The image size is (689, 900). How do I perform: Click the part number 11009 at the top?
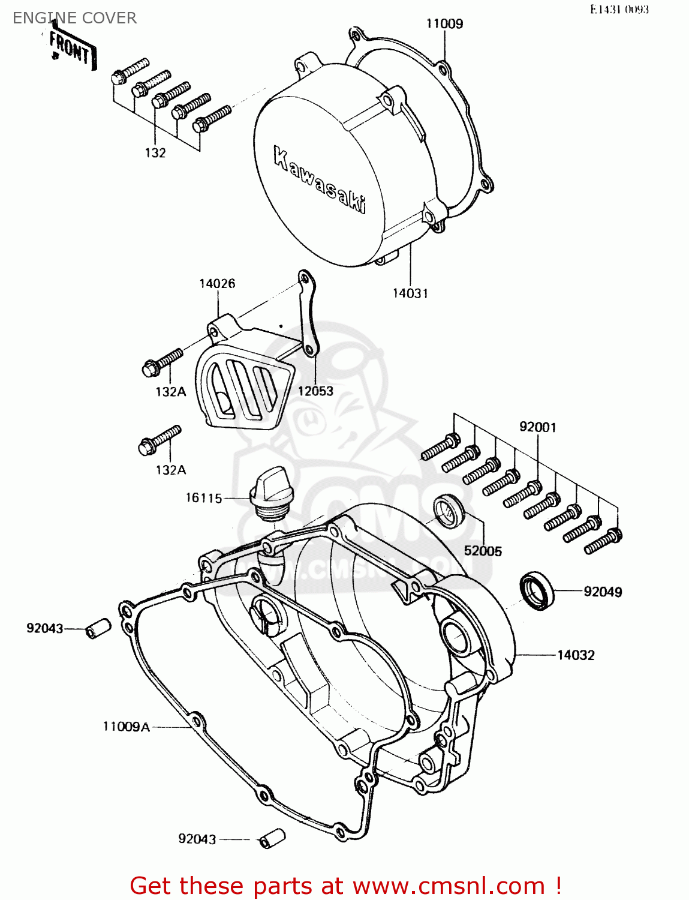point(444,24)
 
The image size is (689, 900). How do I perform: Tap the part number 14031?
point(410,293)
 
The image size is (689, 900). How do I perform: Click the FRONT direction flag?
point(71,47)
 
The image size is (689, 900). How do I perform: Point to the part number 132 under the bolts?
point(155,153)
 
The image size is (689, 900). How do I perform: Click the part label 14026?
point(217,284)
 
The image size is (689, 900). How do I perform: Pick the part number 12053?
point(315,391)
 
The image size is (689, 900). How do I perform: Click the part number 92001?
point(537,427)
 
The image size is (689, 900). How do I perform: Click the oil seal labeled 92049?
point(537,591)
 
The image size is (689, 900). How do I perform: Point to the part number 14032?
point(576,655)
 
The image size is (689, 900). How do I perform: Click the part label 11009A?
point(126,727)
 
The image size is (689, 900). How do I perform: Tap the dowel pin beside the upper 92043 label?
point(98,628)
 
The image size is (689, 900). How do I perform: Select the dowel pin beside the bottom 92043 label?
point(272,838)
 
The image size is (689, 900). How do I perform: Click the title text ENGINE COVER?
point(74,18)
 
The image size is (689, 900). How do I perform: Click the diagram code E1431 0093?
point(619,10)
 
